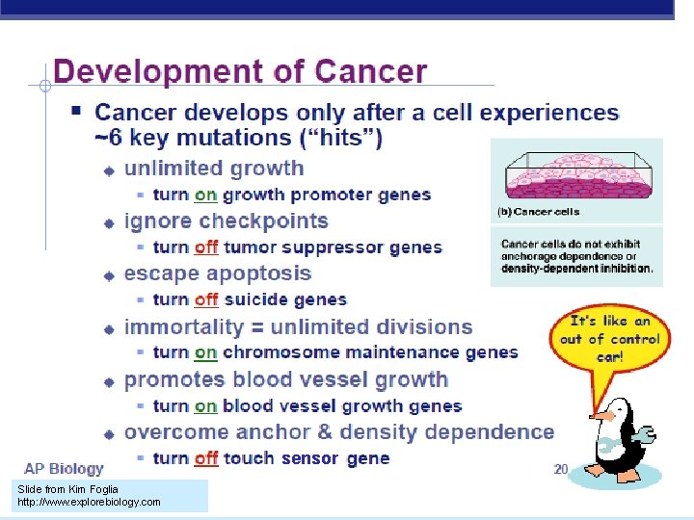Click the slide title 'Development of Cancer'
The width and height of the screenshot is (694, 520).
point(240,72)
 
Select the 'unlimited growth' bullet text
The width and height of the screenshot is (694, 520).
point(214,169)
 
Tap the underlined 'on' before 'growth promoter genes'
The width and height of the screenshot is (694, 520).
point(205,195)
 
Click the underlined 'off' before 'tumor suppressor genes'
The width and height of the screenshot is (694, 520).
point(206,247)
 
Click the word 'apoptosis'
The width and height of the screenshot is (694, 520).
point(259,273)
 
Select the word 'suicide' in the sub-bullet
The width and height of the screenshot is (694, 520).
point(255,300)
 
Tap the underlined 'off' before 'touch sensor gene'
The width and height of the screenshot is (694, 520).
point(206,458)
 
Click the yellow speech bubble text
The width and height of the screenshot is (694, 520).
point(610,339)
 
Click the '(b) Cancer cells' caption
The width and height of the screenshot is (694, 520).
point(538,211)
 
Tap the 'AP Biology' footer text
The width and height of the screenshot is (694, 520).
point(64,469)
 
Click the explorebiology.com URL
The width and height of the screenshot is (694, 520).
point(89,502)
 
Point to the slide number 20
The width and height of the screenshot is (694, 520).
point(561,469)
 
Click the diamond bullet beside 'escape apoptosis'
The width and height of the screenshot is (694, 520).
point(110,275)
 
